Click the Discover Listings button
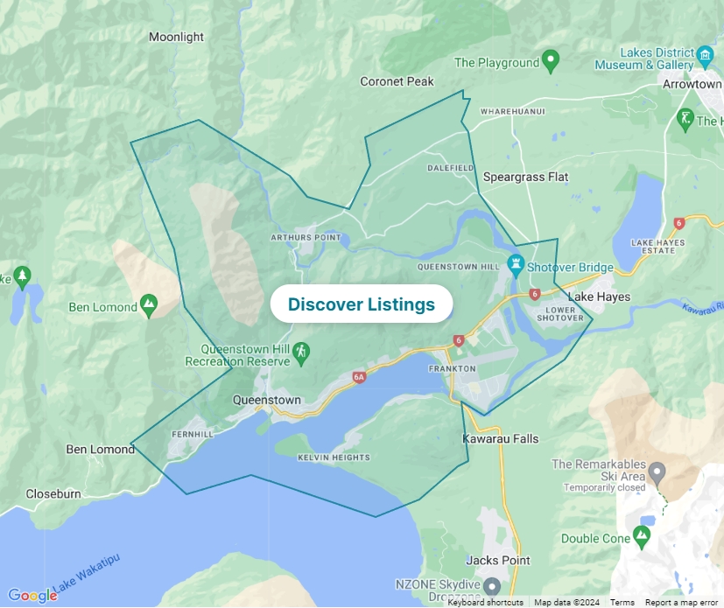[361, 304]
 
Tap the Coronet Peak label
[397, 81]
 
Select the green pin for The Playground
[551, 61]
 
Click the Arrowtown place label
[692, 84]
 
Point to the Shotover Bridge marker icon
[517, 263]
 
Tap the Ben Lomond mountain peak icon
[149, 306]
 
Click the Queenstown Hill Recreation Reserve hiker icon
[301, 352]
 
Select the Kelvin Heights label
[334, 458]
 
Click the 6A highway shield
[358, 377]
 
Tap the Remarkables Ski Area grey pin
[657, 472]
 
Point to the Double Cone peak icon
[643, 535]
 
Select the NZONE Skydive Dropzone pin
[492, 585]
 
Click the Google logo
[32, 596]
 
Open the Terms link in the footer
[622, 602]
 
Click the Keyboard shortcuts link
[485, 602]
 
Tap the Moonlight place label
[176, 37]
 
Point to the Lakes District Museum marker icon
[706, 58]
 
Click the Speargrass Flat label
[525, 177]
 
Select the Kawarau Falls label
[501, 438]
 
